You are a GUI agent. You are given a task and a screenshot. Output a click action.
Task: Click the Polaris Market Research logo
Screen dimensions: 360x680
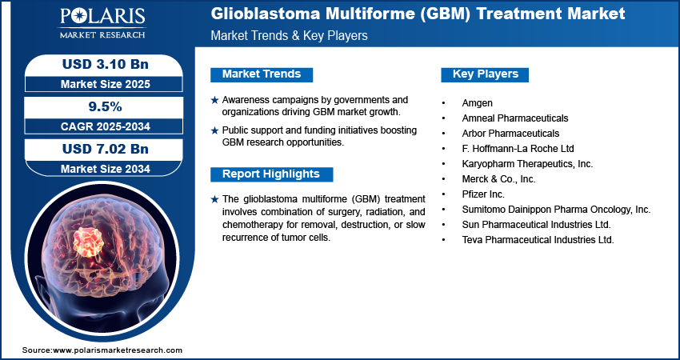pyautogui.click(x=102, y=23)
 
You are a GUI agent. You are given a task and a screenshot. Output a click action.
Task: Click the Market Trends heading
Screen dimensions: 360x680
pyautogui.click(x=261, y=74)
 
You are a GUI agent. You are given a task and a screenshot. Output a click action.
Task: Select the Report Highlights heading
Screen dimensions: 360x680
pyautogui.click(x=270, y=174)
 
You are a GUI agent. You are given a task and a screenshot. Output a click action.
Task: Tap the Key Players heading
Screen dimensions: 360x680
pyautogui.click(x=485, y=74)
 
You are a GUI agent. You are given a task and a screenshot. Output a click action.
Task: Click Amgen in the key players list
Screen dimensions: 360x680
pyautogui.click(x=478, y=102)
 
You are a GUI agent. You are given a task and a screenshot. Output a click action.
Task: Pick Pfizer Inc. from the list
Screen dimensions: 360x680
pyautogui.click(x=484, y=194)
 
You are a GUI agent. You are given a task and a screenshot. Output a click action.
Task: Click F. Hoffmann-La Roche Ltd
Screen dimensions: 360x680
pyautogui.click(x=518, y=148)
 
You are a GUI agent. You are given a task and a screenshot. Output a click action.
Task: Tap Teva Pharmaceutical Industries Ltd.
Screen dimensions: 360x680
pyautogui.click(x=538, y=239)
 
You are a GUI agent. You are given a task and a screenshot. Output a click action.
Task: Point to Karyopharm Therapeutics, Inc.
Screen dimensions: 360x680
pyautogui.click(x=527, y=163)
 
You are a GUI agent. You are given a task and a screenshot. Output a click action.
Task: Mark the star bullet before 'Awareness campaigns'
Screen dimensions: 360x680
pyautogui.click(x=214, y=100)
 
